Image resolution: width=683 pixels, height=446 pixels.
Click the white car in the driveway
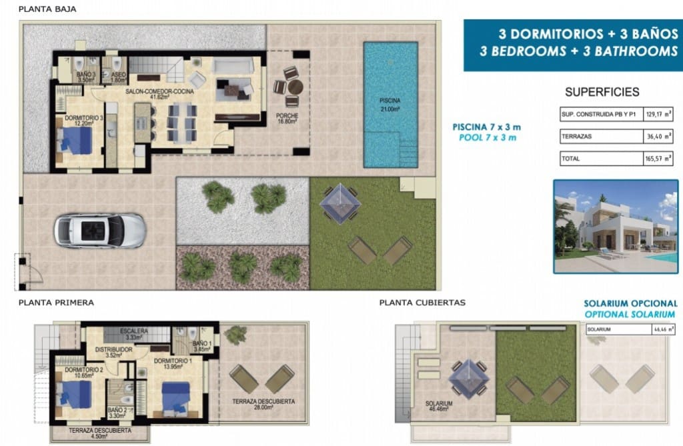click(100, 231)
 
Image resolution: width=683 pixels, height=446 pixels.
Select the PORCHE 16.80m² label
click(287, 118)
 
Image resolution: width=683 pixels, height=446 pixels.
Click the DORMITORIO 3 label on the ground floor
click(84, 120)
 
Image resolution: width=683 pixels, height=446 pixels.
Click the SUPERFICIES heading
click(602, 93)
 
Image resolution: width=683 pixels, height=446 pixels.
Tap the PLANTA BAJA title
click(47, 9)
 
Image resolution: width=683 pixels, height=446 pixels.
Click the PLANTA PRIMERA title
click(57, 302)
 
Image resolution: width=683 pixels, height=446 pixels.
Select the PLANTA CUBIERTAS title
click(422, 302)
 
